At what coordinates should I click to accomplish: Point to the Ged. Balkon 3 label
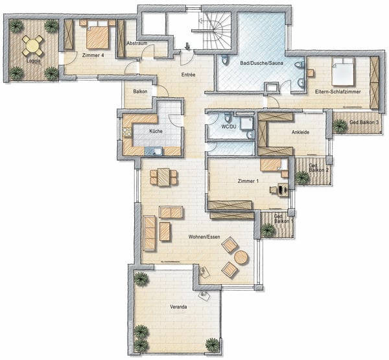(x=364, y=123)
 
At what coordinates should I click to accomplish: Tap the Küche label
(x=156, y=132)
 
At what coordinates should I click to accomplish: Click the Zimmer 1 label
(x=248, y=180)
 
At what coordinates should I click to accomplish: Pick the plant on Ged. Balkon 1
(x=267, y=230)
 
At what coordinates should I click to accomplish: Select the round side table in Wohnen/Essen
(x=241, y=258)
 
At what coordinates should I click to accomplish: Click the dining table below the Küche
(x=163, y=176)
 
